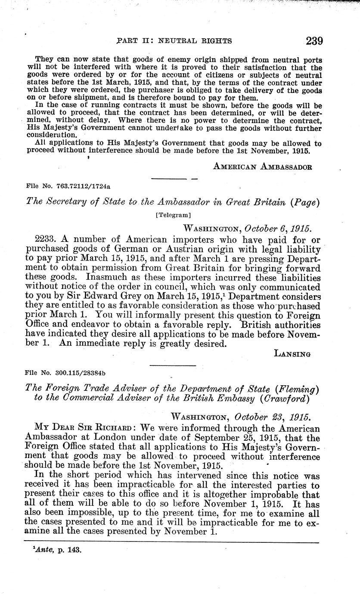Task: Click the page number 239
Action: coord(314,41)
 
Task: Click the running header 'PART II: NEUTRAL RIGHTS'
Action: coord(174,41)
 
